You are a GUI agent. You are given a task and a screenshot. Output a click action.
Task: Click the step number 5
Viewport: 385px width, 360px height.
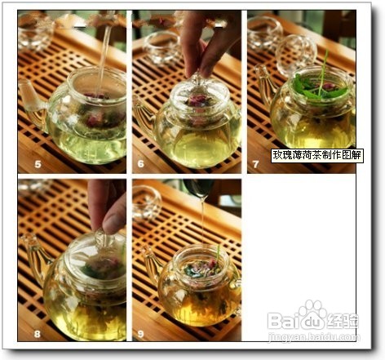coord(38,164)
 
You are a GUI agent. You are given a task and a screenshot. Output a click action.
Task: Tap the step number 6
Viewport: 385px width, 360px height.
coord(140,163)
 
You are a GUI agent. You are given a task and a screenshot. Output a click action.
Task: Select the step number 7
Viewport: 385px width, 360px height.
coord(255,164)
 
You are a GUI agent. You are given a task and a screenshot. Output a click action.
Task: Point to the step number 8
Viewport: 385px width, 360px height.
coord(38,333)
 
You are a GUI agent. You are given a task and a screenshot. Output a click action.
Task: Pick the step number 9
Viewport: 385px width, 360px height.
coord(140,333)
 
